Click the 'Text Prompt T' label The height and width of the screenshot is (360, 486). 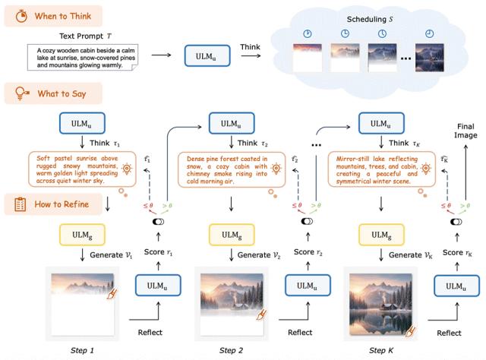pos(84,35)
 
